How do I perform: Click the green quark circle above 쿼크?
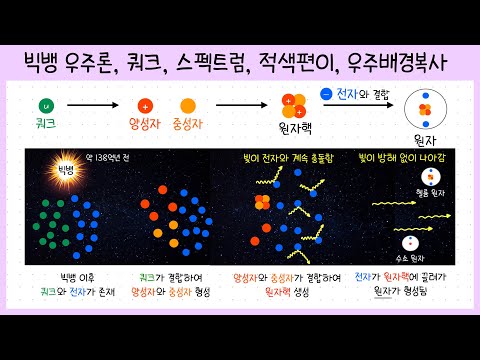coord(44,104)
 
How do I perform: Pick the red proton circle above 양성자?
coord(147,104)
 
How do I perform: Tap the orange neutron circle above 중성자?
coord(187,104)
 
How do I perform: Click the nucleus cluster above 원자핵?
coord(294,104)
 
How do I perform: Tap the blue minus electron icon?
coord(327,94)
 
